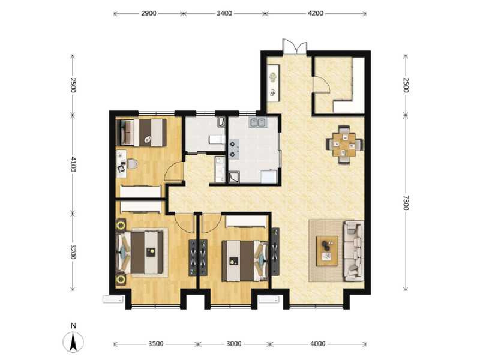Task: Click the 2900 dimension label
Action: click(x=149, y=13)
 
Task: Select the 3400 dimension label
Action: click(x=224, y=13)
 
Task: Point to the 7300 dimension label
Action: click(x=405, y=202)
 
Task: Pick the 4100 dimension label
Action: click(x=73, y=164)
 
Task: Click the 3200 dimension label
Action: click(x=73, y=251)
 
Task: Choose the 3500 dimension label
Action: click(x=155, y=344)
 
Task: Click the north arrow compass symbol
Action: click(x=73, y=340)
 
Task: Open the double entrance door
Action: click(x=295, y=47)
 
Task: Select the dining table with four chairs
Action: click(x=344, y=143)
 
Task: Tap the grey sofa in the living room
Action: click(x=353, y=250)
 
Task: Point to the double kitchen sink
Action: click(x=259, y=122)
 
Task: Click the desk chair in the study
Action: click(x=133, y=163)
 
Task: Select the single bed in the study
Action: click(x=143, y=132)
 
